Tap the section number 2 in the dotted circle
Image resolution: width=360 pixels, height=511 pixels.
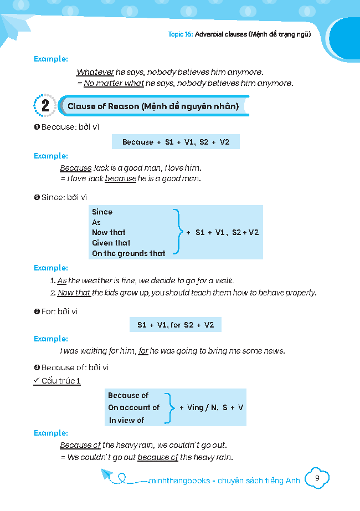pos(45,106)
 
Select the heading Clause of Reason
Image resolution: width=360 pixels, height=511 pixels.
pos(153,106)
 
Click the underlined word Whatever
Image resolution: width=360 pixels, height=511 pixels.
pos(95,72)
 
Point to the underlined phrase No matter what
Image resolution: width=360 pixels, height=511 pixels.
pos(114,83)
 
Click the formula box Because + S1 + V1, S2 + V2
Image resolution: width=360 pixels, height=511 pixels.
pos(176,142)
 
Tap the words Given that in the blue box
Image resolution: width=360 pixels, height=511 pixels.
pos(111,243)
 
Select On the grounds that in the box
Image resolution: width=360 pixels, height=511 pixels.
pos(128,253)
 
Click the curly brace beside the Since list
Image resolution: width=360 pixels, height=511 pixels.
pos(177,232)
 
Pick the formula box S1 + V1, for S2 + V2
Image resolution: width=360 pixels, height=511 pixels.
pos(176,325)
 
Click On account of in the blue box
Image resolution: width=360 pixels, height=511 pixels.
pos(133,407)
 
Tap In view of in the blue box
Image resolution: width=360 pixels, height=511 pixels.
pos(126,420)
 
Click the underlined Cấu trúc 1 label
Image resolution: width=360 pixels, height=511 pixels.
pos(61,381)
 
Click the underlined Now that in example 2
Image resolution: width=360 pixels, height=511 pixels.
pos(74,293)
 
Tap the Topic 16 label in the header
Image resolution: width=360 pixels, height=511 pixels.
pos(180,34)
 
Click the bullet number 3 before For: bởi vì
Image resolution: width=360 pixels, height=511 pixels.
pos(37,311)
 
